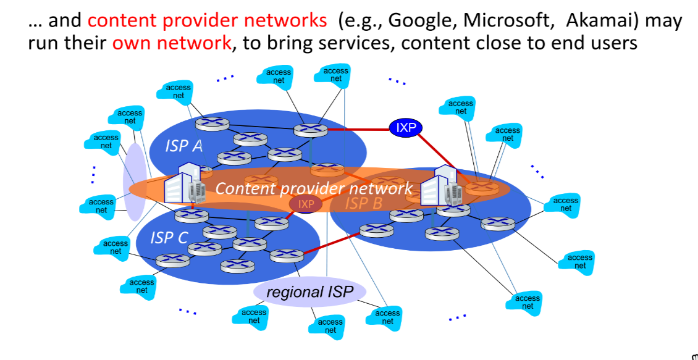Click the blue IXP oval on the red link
(x=405, y=128)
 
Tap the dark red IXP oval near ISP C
(x=306, y=204)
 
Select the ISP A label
(x=183, y=146)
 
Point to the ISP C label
(x=169, y=237)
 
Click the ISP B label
(x=364, y=203)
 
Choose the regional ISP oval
(x=307, y=291)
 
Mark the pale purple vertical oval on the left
(x=134, y=183)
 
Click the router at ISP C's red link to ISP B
(x=287, y=254)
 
